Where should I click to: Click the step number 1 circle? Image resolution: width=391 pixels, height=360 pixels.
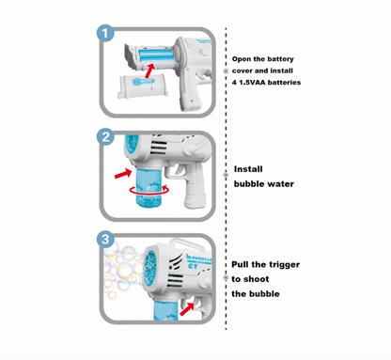pyautogui.click(x=105, y=33)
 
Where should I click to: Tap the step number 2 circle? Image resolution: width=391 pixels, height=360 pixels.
pyautogui.click(x=105, y=137)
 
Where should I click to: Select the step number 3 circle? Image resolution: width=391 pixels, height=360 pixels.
pyautogui.click(x=105, y=240)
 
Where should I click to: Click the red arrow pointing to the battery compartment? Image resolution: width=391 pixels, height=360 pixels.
pyautogui.click(x=150, y=70)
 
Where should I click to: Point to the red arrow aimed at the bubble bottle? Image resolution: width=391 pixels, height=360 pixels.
pyautogui.click(x=123, y=173)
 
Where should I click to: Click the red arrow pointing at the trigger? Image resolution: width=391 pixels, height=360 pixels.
pyautogui.click(x=187, y=309)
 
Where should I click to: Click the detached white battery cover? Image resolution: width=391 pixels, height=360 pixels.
pyautogui.click(x=143, y=86)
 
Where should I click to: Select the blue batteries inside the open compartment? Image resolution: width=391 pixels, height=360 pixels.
pyautogui.click(x=156, y=55)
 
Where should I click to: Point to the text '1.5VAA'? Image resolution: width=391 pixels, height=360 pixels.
pyautogui.click(x=252, y=83)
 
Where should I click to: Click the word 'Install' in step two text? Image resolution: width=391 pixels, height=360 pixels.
pyautogui.click(x=248, y=169)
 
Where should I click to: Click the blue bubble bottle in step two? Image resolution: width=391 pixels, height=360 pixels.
pyautogui.click(x=149, y=186)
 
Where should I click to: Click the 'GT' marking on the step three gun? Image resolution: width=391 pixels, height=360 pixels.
pyautogui.click(x=193, y=266)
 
